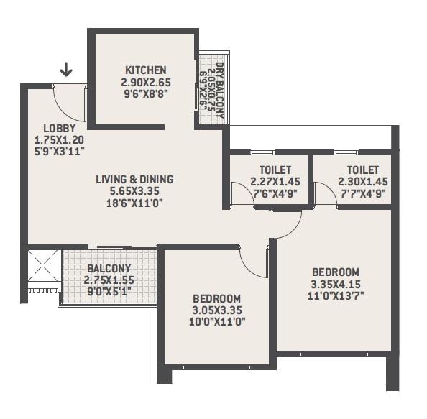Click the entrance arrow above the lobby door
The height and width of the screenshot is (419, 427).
pos(66,69)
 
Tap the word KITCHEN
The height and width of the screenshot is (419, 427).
pos(146,70)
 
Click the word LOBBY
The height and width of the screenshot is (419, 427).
pos(50,129)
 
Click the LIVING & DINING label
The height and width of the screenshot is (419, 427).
pos(135,180)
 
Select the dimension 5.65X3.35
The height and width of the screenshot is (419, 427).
pos(135,191)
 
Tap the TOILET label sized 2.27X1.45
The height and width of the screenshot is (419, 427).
pos(270,170)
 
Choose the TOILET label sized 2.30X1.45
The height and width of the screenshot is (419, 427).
pos(359,170)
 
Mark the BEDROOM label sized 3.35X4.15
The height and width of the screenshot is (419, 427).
pos(335,272)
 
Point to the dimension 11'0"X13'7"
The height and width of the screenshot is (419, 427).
pos(335,295)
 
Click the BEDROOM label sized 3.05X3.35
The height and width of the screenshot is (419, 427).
pos(216,298)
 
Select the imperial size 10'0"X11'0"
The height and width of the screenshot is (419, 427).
pos(216,321)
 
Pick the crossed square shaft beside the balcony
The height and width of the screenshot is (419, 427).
pos(43,267)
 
